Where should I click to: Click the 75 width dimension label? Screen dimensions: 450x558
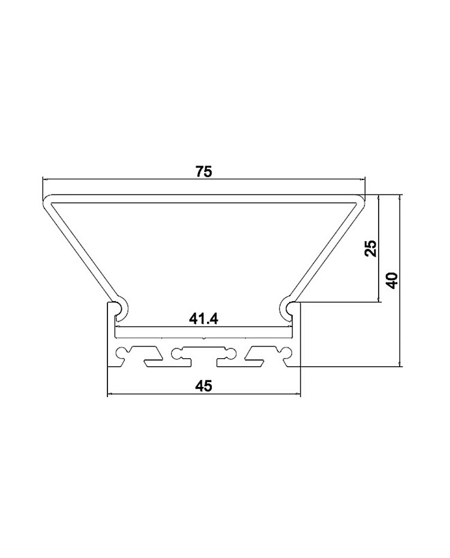[204, 172]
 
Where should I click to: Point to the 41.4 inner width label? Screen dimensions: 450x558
[203, 319]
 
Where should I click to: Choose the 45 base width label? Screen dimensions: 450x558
[204, 385]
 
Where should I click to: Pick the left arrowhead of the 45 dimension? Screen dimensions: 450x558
[110, 394]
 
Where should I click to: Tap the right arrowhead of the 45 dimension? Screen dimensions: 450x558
[298, 394]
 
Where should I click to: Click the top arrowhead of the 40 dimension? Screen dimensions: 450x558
[401, 197]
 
